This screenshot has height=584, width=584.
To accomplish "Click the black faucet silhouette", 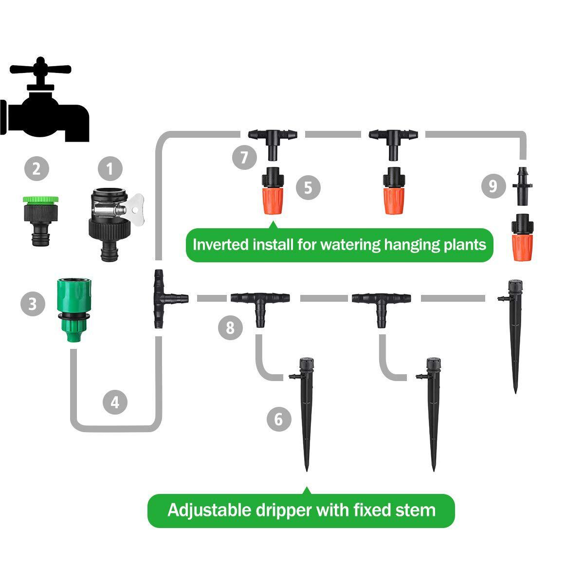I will (x=46, y=105).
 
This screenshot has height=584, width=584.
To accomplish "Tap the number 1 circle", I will (x=110, y=169).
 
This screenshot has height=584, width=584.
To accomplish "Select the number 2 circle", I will (x=36, y=169).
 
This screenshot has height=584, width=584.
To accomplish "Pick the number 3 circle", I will (x=33, y=304).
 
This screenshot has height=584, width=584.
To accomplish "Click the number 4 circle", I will (x=115, y=402).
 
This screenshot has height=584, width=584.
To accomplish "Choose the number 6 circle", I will (x=279, y=419).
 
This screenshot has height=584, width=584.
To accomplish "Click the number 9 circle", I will (x=493, y=186).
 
